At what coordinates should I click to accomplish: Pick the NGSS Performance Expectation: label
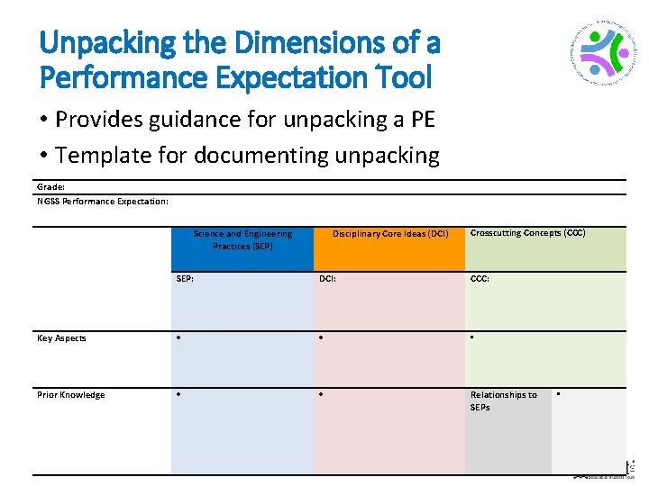(103, 201)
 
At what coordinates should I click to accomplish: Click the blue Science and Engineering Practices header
(242, 240)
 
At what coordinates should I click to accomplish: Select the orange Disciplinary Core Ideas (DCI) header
(389, 234)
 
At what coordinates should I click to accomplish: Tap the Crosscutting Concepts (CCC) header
(527, 233)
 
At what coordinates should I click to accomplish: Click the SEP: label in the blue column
(184, 279)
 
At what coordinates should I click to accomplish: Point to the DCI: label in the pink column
(327, 279)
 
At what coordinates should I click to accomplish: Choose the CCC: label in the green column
(480, 279)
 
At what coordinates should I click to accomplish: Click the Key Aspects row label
(61, 338)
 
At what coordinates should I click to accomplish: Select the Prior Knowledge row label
(70, 395)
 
